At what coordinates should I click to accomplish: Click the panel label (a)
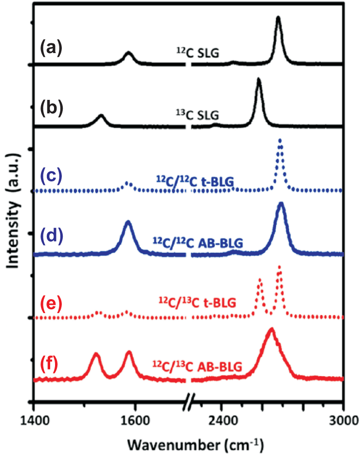tap(51, 48)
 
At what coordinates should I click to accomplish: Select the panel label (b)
tap(51, 108)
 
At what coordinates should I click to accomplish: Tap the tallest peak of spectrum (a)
tap(278, 18)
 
